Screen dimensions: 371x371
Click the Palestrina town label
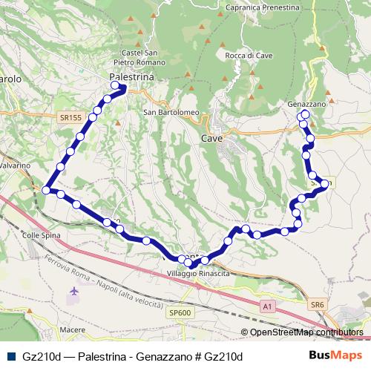point(131,77)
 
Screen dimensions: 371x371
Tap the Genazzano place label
point(306,105)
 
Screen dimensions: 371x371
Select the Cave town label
point(211,138)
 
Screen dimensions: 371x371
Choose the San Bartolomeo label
point(171,113)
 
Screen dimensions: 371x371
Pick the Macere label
point(71,329)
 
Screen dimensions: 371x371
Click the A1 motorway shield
point(266,305)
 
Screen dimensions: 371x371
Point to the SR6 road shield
point(318,305)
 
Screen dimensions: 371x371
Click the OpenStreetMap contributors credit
point(306,332)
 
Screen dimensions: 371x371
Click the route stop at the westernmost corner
point(46,191)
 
